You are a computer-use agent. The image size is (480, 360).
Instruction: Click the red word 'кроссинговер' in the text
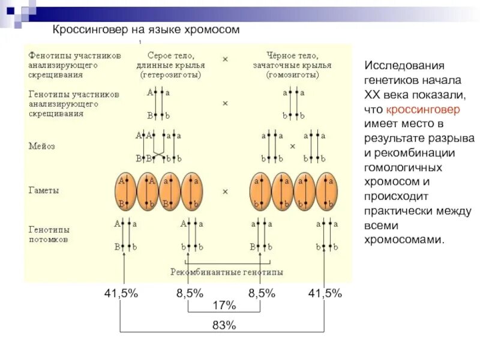423,110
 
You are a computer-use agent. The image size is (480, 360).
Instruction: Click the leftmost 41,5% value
121,293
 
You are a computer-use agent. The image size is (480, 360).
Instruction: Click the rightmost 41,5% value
325,293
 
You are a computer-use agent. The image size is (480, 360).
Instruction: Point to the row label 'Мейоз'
42,145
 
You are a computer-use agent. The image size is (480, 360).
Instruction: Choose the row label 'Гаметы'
44,190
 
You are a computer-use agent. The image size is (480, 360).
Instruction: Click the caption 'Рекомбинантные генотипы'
227,272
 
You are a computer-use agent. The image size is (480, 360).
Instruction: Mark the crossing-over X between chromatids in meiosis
159,152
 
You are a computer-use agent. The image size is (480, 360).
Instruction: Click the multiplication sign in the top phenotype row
225,59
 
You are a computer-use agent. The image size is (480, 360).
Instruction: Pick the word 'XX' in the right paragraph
373,95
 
